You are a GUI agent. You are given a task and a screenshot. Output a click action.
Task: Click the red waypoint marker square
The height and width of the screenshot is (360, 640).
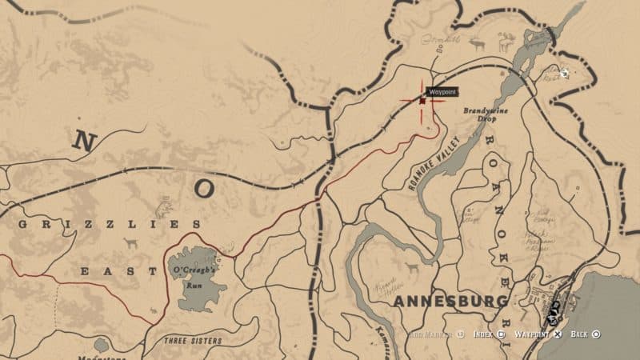422,101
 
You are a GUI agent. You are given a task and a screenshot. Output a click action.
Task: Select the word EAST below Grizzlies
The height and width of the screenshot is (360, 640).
119,272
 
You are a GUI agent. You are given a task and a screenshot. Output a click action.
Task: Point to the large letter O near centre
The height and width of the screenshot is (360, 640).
204,189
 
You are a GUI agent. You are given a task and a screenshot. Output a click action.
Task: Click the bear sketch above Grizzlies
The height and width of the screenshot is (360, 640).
164,209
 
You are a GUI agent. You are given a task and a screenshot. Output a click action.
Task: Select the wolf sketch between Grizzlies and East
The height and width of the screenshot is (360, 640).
130,243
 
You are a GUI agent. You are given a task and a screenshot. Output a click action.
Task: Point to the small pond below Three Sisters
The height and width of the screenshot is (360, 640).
102,345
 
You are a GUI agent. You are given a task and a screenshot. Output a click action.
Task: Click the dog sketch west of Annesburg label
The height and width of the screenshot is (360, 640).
412,266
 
